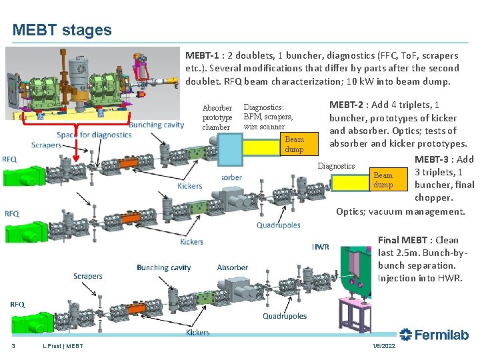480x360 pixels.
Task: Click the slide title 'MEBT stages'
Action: tap(62, 30)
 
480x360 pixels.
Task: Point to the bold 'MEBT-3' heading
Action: tap(435, 159)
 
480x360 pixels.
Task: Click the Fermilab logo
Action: tap(434, 335)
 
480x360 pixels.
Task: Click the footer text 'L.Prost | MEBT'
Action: tap(63, 346)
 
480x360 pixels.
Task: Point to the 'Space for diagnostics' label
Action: tap(94, 135)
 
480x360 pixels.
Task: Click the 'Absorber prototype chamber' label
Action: tap(217, 117)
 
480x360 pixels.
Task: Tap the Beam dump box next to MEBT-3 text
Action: tap(383, 179)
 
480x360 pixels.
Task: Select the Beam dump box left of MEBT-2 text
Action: tap(294, 144)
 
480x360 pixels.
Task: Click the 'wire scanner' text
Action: tap(264, 127)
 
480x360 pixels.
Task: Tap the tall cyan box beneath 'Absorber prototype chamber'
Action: tap(231, 153)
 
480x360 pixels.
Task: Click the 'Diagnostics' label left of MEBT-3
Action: tap(336, 166)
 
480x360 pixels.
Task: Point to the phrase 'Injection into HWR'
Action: tap(419, 278)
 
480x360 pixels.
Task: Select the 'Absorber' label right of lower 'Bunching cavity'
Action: tap(232, 267)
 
